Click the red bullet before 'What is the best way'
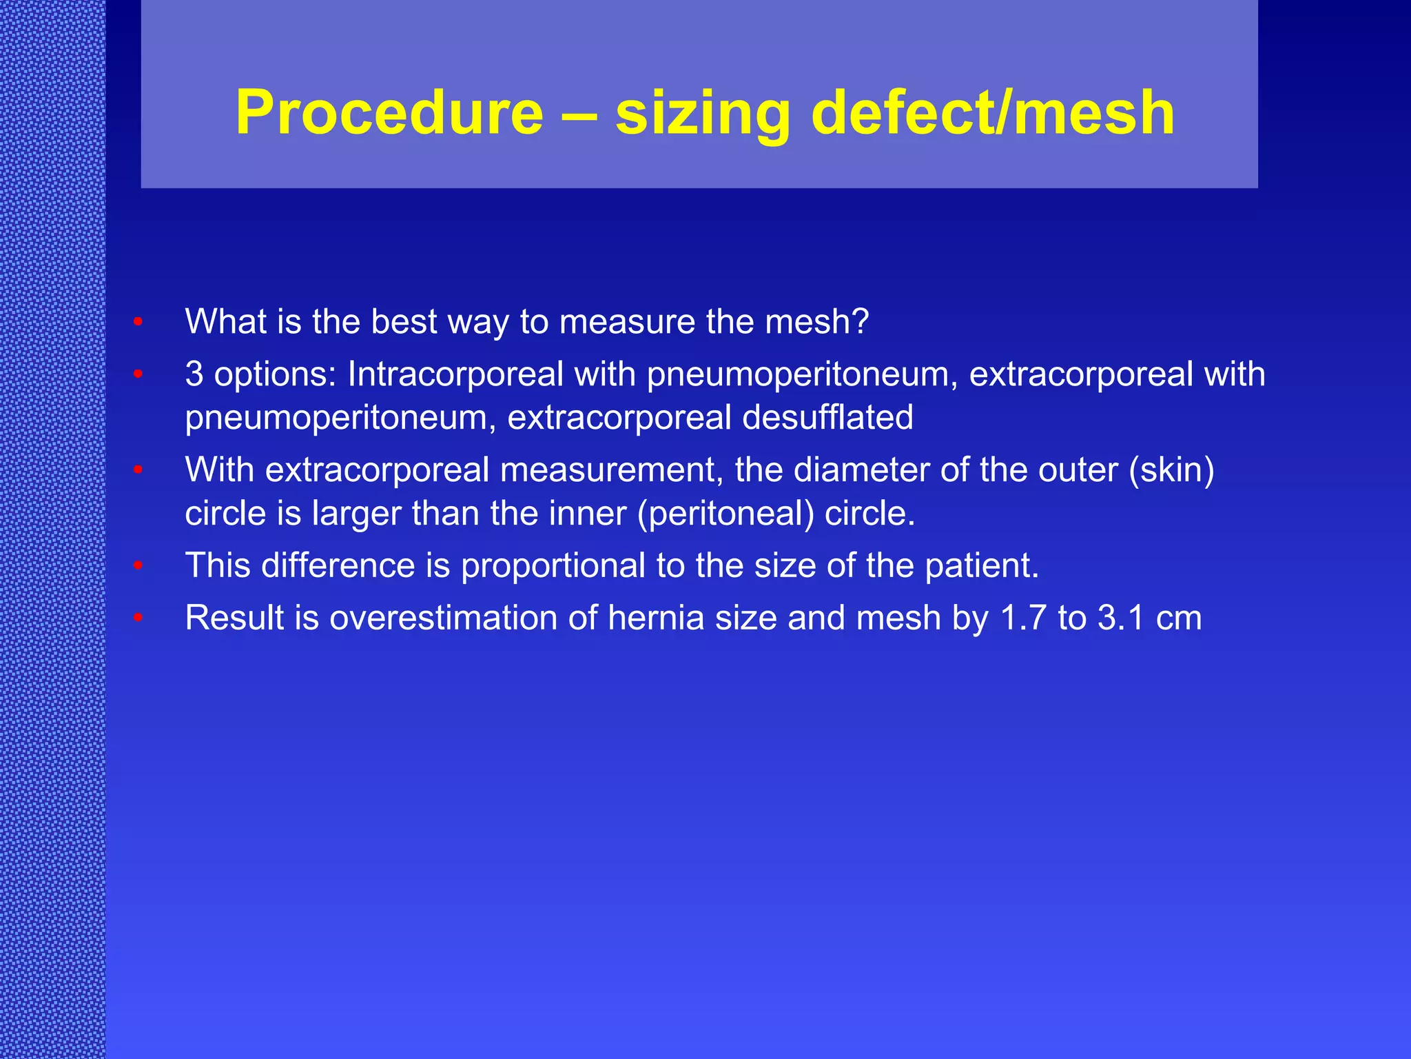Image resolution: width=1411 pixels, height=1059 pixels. tap(138, 322)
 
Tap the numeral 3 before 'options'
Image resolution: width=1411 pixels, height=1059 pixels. tap(194, 374)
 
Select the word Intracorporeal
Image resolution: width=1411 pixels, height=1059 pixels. tap(455, 374)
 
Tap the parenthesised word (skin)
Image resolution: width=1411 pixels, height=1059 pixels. tap(1171, 470)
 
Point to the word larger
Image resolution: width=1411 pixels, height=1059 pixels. tap(356, 514)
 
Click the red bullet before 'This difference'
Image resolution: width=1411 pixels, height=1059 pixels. tap(138, 566)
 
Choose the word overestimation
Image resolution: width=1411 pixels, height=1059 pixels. tap(442, 618)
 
